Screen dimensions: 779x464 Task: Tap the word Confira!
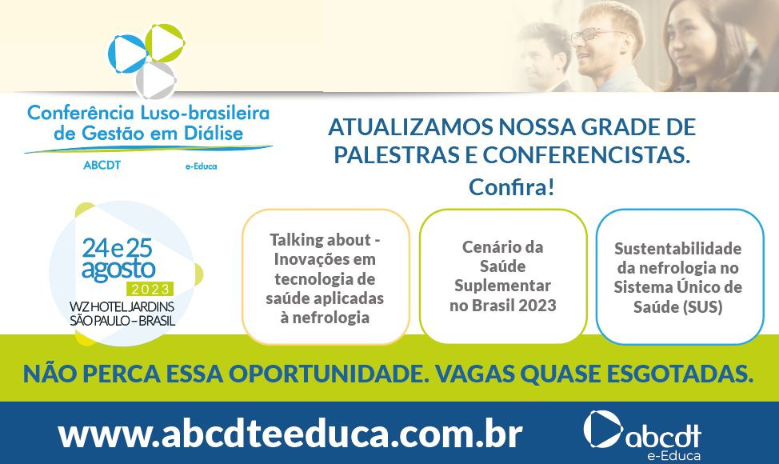pyautogui.click(x=511, y=187)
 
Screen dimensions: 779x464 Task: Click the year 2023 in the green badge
pyautogui.click(x=150, y=289)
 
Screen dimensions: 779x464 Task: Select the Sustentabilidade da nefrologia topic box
pyautogui.click(x=679, y=277)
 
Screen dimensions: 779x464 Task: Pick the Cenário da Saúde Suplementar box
pyautogui.click(x=503, y=276)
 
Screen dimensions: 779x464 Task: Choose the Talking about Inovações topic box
pyautogui.click(x=326, y=277)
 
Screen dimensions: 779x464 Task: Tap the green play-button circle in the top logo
pyautogui.click(x=165, y=42)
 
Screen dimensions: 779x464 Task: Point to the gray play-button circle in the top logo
pyautogui.click(x=156, y=80)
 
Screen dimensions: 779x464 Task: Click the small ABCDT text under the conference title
pyautogui.click(x=102, y=165)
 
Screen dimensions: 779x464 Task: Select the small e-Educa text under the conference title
pyautogui.click(x=202, y=166)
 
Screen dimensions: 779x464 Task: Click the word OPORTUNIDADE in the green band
pyautogui.click(x=329, y=374)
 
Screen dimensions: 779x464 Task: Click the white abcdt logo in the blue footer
pyautogui.click(x=642, y=434)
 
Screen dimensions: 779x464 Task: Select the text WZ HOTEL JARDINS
pyautogui.click(x=122, y=307)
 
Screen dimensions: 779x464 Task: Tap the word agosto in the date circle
pyautogui.click(x=118, y=270)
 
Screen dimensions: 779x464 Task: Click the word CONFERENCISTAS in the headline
pyautogui.click(x=587, y=154)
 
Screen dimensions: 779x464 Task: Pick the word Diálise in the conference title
pyautogui.click(x=212, y=133)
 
